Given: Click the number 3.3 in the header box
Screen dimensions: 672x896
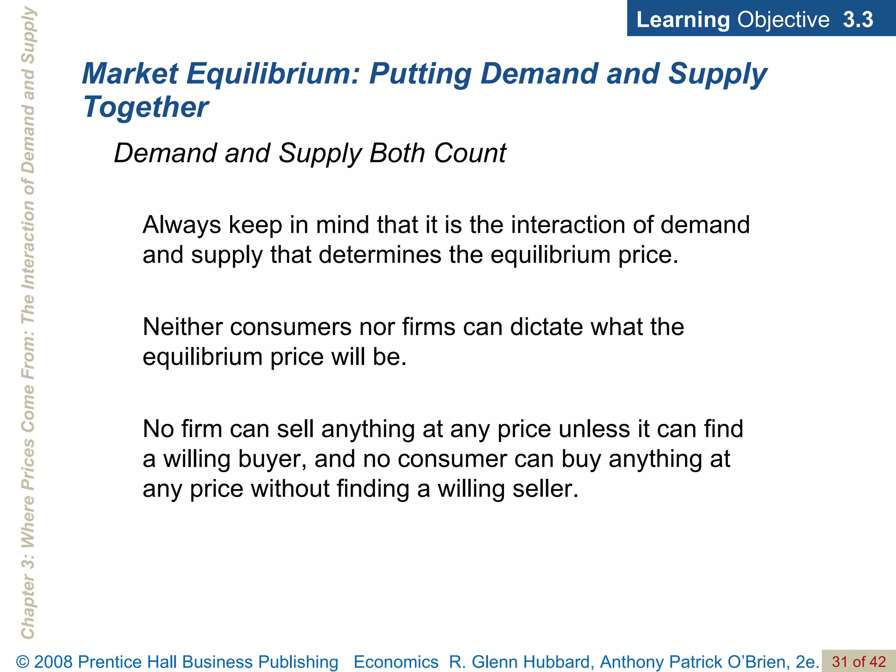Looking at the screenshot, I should (x=858, y=20).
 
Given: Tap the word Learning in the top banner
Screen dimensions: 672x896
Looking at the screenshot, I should (x=683, y=20).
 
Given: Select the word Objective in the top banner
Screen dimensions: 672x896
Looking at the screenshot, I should (x=783, y=20).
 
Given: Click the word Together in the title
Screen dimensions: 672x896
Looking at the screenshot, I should (x=146, y=107).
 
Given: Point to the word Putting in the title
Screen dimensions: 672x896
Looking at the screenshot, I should (x=420, y=73).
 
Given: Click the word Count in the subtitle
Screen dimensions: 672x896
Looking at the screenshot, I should (x=470, y=153).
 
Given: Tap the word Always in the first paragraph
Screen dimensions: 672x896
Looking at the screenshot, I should (x=182, y=225).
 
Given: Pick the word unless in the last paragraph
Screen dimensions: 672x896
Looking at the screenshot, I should (x=594, y=429).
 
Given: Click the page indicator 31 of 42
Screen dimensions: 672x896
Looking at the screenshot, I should (x=859, y=661).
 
